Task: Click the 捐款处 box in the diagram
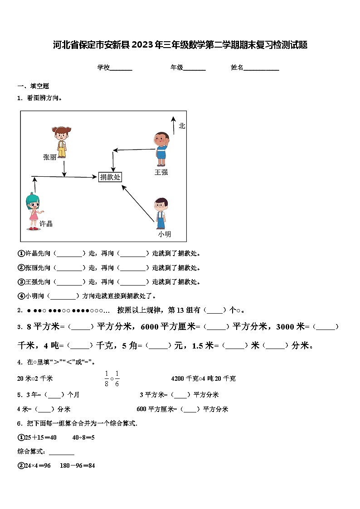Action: point(110,177)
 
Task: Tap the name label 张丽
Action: point(50,157)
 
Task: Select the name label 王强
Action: point(161,172)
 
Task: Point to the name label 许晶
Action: point(46,223)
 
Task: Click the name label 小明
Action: point(164,234)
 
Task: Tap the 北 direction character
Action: point(182,126)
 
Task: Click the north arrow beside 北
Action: point(173,125)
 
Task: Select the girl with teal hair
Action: point(33,211)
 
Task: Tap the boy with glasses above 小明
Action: point(160,213)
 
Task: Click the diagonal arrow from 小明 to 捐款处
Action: point(138,203)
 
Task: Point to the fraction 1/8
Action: point(107,378)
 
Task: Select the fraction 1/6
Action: point(117,378)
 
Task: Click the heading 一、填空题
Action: point(33,86)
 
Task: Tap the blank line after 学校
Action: point(121,68)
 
